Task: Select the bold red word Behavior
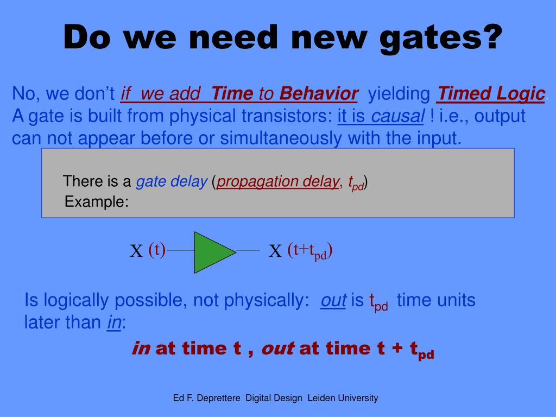319,93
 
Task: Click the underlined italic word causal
397,116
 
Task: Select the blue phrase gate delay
172,182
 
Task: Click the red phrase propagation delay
277,182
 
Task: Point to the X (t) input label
148,250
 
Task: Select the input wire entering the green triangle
180,250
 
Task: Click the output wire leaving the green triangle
248,250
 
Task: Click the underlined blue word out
333,300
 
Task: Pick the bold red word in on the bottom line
141,348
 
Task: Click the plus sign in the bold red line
397,348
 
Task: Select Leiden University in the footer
343,398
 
